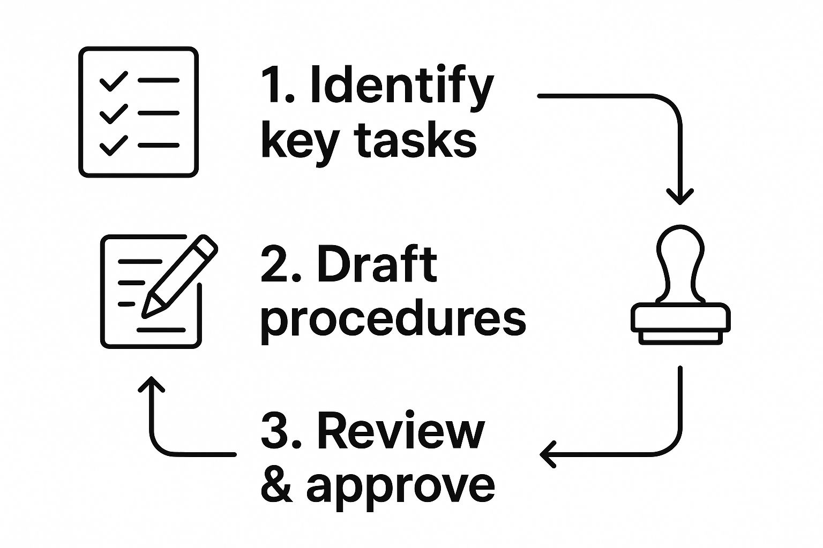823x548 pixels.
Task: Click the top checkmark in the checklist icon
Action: (114, 81)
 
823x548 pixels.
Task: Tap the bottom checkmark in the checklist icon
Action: (114, 145)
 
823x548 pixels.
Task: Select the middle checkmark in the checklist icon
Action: (114, 113)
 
